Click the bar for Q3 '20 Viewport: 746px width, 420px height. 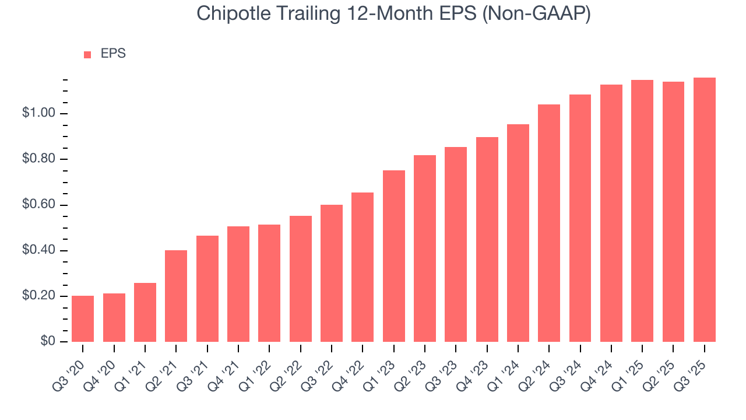[83, 318]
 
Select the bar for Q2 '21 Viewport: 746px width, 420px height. [176, 296]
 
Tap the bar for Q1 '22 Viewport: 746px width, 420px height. [269, 283]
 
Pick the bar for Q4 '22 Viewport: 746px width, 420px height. [363, 267]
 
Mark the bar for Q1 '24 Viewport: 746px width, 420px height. [518, 233]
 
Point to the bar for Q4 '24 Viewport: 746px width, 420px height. [611, 213]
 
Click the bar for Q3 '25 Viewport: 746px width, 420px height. [705, 209]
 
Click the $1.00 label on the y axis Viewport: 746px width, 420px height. [40, 113]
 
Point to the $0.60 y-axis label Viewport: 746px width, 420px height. [40, 205]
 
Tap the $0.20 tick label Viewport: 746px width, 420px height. [40, 296]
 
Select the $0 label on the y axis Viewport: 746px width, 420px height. [48, 342]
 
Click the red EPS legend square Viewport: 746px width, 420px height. [87, 54]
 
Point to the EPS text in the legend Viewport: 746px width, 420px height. [113, 54]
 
